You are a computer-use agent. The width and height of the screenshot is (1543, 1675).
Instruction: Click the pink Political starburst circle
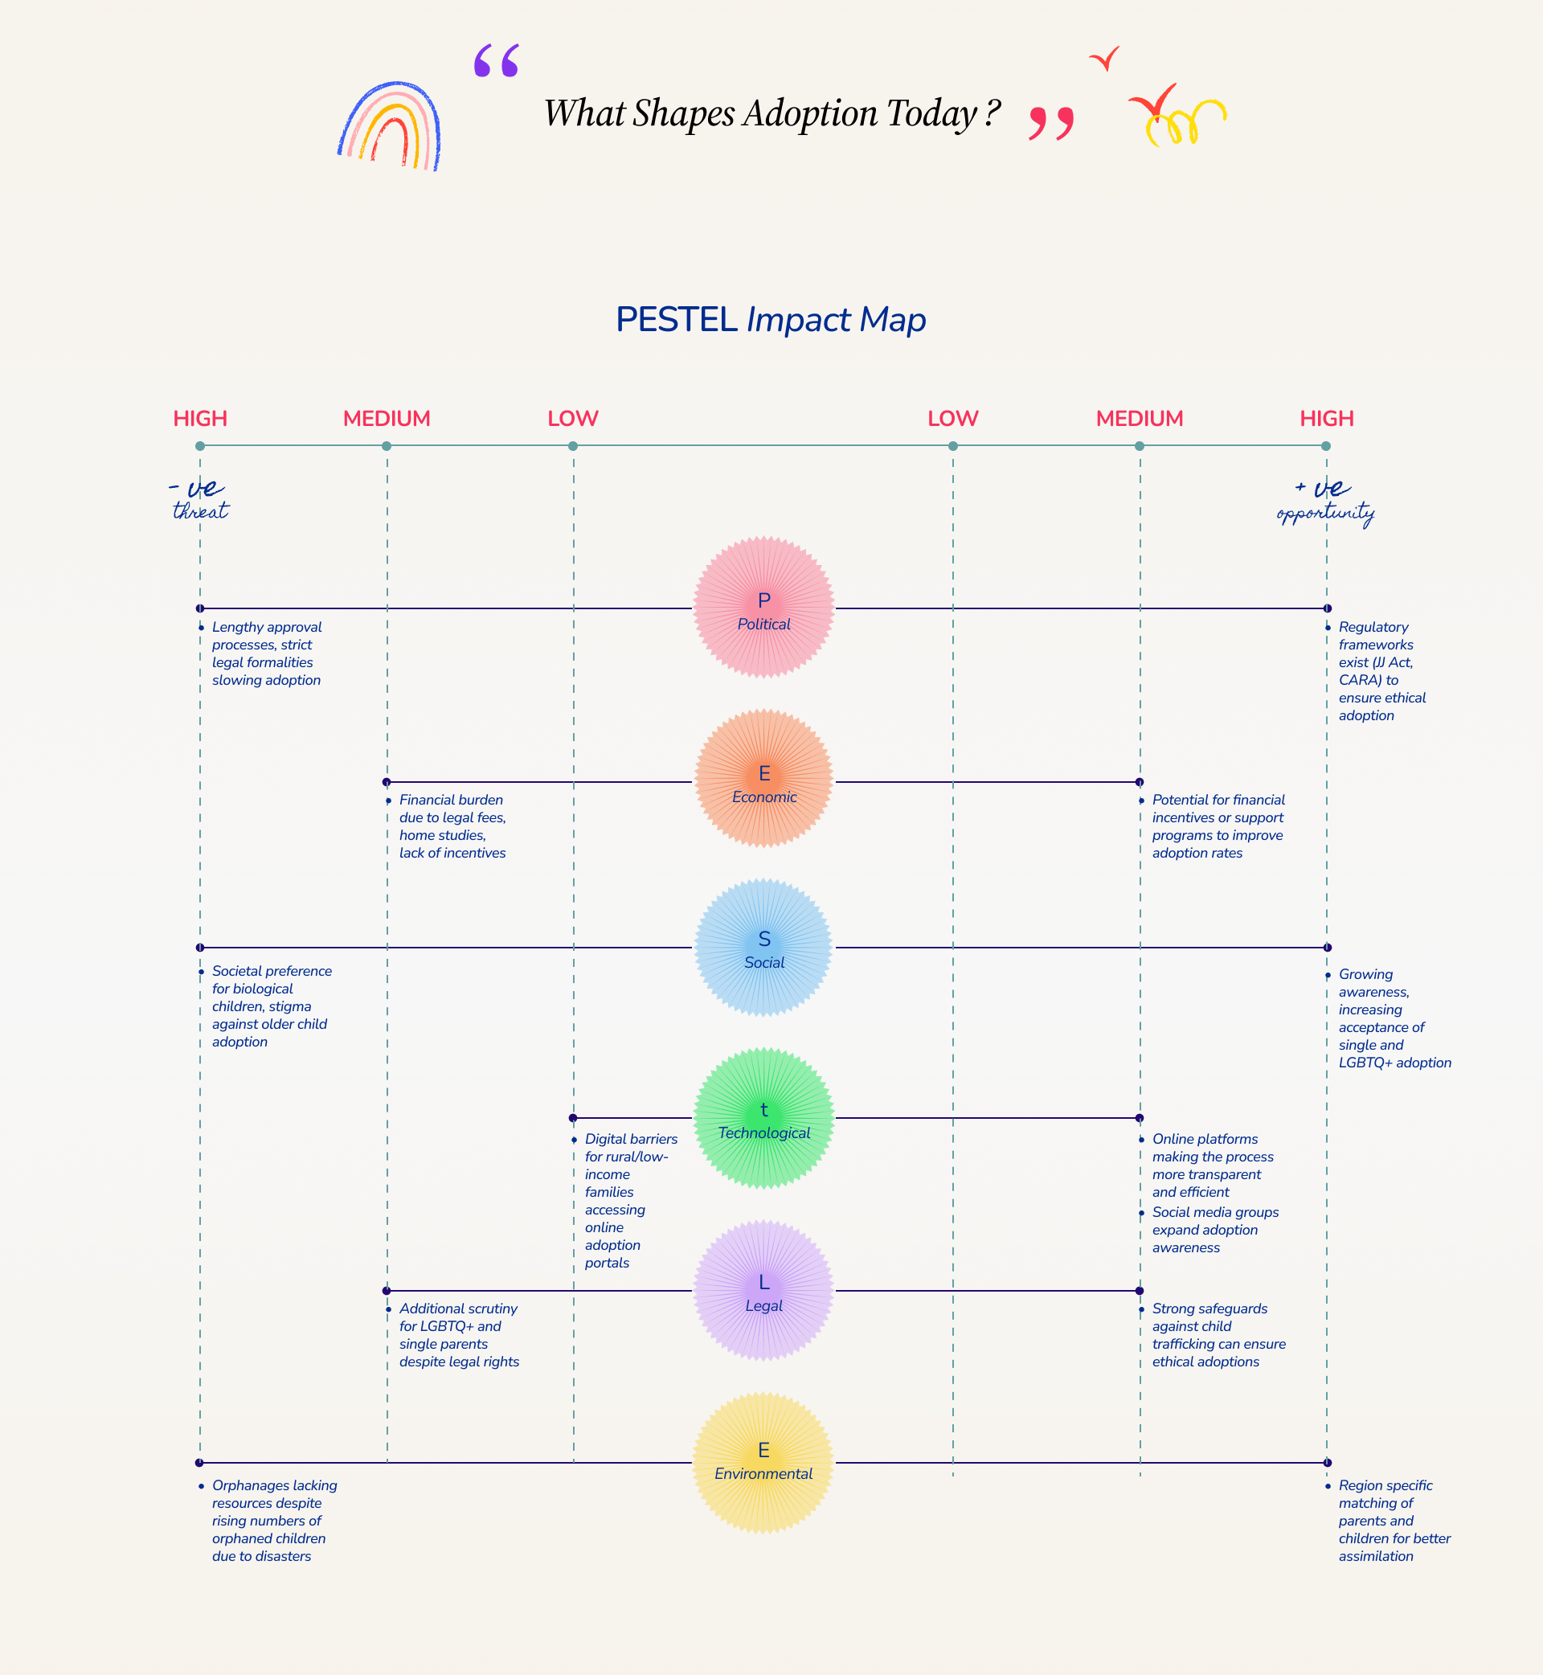[x=763, y=607]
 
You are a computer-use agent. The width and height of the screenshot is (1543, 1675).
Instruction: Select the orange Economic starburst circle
[x=763, y=779]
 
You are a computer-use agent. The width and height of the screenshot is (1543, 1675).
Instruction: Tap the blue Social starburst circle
[x=763, y=947]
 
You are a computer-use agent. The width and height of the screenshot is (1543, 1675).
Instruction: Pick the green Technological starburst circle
[x=763, y=1118]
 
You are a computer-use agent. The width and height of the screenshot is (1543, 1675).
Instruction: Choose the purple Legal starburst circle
[x=763, y=1290]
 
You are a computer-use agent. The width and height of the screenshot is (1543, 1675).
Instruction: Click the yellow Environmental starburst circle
[x=763, y=1462]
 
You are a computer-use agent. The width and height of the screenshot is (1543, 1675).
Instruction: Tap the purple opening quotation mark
[x=496, y=61]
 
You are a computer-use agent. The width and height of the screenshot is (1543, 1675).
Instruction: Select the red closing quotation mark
[x=1051, y=123]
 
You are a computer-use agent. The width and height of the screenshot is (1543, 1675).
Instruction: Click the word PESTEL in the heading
[x=677, y=320]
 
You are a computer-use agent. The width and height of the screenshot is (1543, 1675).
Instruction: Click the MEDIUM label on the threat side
[x=387, y=418]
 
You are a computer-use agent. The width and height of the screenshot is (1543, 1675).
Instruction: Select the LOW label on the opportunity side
[x=952, y=418]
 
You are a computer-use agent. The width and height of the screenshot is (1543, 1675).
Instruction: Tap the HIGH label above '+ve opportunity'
[x=1326, y=418]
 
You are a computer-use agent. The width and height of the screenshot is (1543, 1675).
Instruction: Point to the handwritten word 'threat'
[x=200, y=511]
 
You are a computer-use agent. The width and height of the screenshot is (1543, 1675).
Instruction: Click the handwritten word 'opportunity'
[x=1325, y=513]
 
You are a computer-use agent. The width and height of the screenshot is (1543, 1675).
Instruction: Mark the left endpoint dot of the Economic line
[x=387, y=782]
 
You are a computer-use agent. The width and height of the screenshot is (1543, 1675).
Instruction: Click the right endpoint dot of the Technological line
[x=1140, y=1118]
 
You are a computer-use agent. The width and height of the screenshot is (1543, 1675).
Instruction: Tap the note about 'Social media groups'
[x=1214, y=1229]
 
